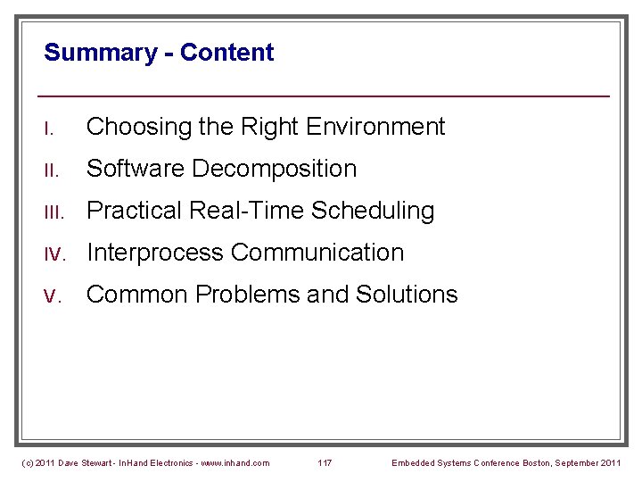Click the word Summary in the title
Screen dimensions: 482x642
[99, 53]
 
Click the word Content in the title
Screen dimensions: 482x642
[226, 53]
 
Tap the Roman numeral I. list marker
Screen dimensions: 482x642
[50, 129]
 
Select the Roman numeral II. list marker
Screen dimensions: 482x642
[52, 170]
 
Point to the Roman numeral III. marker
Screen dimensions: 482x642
[54, 212]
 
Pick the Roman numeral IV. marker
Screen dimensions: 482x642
[56, 253]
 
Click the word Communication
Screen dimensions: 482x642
[317, 253]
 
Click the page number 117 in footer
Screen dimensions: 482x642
[325, 462]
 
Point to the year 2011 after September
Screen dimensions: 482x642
[610, 462]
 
